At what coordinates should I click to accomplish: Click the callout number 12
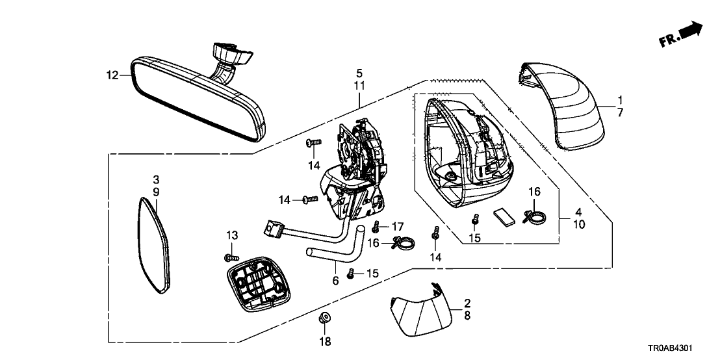pos(112,75)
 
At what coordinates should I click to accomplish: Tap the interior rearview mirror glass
pos(195,97)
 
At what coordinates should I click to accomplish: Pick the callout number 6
pos(335,281)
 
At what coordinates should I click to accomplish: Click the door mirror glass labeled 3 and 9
pos(153,244)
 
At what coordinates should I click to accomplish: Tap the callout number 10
pos(578,224)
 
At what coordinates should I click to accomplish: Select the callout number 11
pos(359,85)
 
